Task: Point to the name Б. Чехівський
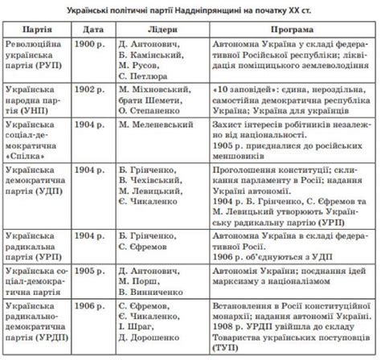pos(148,181)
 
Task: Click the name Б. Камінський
pos(150,51)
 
